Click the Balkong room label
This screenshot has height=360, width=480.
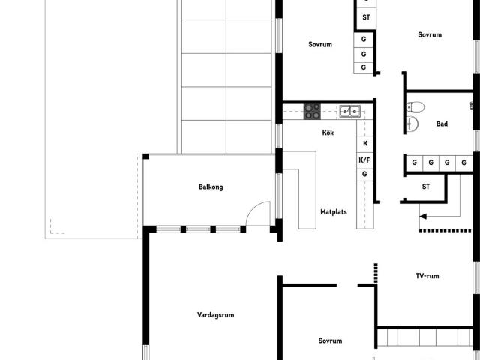click(x=211, y=187)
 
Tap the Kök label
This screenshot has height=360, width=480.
click(x=328, y=133)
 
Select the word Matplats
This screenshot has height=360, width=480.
click(x=334, y=211)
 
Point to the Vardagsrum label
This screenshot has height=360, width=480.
click(x=216, y=315)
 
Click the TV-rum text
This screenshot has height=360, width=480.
click(x=427, y=276)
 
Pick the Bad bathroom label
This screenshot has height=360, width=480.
click(x=442, y=124)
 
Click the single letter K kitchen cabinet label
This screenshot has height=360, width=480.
click(x=365, y=143)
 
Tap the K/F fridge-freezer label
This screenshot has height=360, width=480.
click(x=364, y=160)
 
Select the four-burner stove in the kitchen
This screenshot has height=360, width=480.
click(x=312, y=111)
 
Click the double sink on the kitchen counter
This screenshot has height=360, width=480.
click(x=350, y=112)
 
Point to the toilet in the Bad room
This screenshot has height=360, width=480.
click(x=415, y=106)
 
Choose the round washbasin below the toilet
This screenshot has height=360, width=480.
click(x=412, y=124)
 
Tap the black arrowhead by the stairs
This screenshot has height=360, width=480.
click(x=423, y=217)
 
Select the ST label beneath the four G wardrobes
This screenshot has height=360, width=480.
click(x=426, y=187)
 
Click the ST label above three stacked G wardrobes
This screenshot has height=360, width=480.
click(x=366, y=17)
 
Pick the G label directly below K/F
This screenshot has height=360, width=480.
click(x=364, y=174)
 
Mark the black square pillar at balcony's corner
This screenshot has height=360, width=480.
click(x=145, y=157)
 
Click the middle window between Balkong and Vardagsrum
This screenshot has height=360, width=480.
click(x=198, y=229)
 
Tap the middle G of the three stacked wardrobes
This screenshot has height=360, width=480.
click(x=364, y=54)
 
